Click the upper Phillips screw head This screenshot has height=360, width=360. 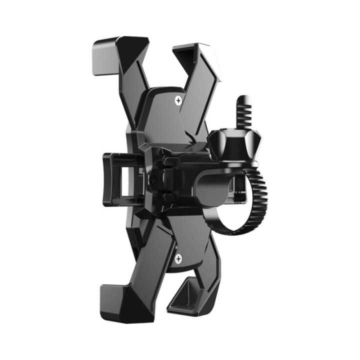(x=178, y=101)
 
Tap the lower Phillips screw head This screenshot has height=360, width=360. (x=178, y=258)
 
